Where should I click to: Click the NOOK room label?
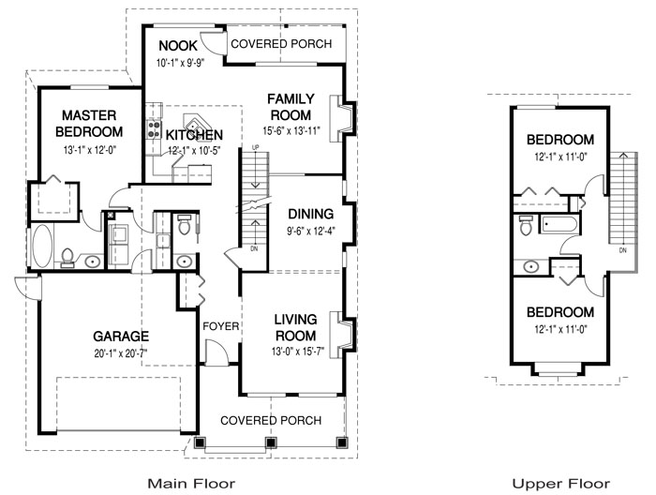click(x=178, y=46)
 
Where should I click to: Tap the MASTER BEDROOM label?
click(x=89, y=124)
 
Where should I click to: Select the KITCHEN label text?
click(x=194, y=135)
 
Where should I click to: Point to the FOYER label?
click(x=221, y=326)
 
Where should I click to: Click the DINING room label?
click(x=311, y=214)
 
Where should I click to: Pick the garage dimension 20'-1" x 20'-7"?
click(x=121, y=354)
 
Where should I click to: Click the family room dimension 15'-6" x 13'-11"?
click(x=291, y=131)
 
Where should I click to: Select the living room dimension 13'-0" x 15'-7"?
click(x=298, y=352)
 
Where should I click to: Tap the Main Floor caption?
click(x=191, y=484)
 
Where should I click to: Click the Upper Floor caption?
click(x=561, y=484)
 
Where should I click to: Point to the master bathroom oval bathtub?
click(x=43, y=247)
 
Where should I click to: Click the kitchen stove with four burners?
click(x=154, y=128)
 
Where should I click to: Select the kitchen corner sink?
click(x=194, y=125)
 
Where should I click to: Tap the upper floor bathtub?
click(x=559, y=224)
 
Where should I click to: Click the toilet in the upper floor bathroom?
click(x=525, y=225)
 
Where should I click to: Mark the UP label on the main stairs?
click(x=255, y=148)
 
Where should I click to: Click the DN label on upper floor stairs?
click(x=623, y=250)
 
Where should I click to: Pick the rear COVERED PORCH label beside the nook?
click(x=281, y=44)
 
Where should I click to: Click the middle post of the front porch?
click(x=271, y=442)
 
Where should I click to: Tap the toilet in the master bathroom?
click(x=67, y=257)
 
